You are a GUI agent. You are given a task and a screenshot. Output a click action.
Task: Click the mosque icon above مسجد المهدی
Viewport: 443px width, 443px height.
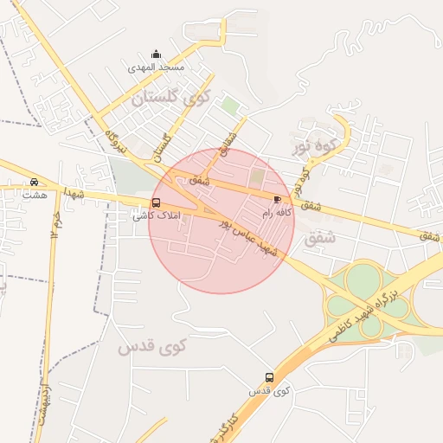click(x=156, y=54)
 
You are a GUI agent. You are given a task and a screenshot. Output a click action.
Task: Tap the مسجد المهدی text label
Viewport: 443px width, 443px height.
click(x=157, y=67)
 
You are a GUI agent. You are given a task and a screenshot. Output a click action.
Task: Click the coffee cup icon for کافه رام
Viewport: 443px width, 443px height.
click(x=277, y=199)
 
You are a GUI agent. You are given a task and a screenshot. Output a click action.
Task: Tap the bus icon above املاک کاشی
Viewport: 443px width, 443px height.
click(x=156, y=203)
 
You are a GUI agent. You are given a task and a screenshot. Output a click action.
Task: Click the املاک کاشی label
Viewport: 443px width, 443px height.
click(x=151, y=215)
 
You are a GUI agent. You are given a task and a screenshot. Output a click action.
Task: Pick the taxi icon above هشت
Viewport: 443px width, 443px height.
click(x=34, y=183)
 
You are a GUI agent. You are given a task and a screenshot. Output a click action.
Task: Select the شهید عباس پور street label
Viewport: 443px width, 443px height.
click(x=247, y=237)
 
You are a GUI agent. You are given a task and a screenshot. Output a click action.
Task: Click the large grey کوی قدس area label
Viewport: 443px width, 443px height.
click(x=152, y=347)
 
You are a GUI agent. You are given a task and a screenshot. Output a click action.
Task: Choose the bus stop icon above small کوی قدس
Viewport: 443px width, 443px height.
click(x=270, y=378)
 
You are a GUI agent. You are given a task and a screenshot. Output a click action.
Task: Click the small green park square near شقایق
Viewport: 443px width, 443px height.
click(x=229, y=106)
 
